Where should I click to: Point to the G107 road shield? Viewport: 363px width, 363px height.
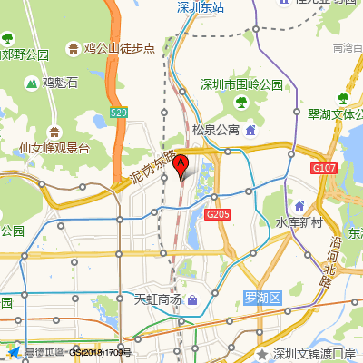point(323,168)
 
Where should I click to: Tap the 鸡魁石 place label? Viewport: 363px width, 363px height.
point(60,83)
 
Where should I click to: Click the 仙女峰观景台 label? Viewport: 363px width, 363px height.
point(54,146)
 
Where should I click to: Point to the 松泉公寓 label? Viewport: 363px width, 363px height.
point(216,130)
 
